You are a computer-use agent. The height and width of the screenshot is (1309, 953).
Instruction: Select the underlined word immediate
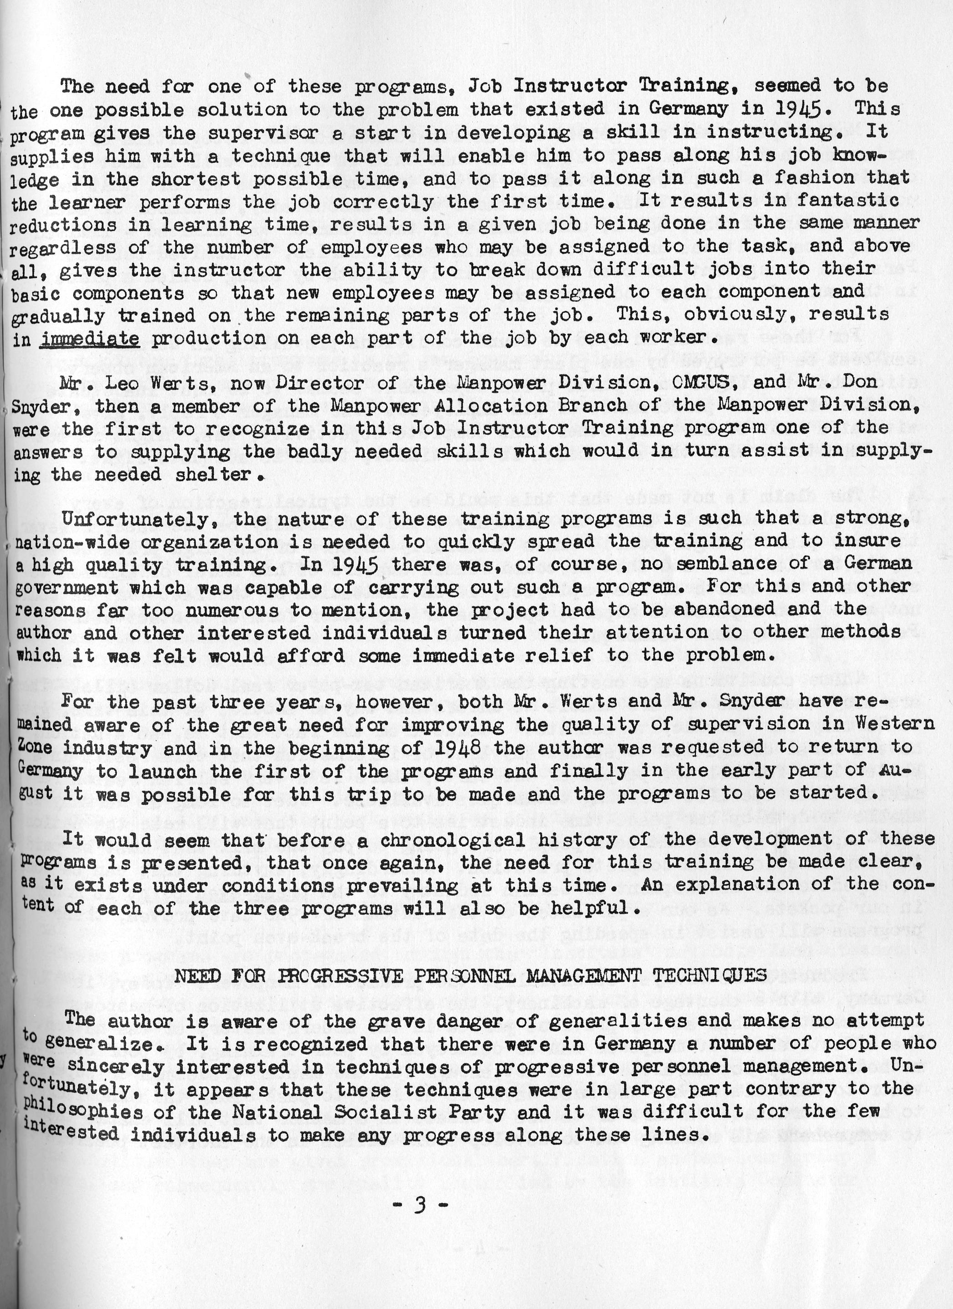(90, 338)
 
